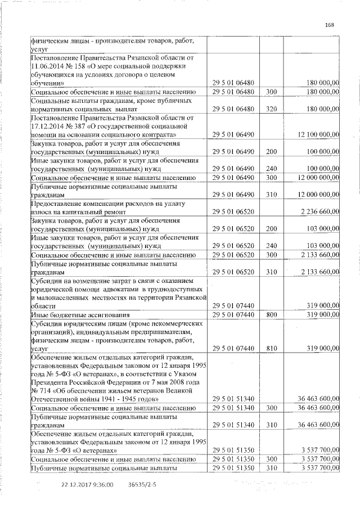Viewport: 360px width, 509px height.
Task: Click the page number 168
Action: [x=330, y=24]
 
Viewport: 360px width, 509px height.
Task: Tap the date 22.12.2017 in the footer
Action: [x=75, y=484]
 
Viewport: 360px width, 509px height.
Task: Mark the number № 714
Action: [x=42, y=390]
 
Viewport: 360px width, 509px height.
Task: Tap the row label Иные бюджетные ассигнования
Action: [x=80, y=314]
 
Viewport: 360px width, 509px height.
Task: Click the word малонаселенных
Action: [x=61, y=296]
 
